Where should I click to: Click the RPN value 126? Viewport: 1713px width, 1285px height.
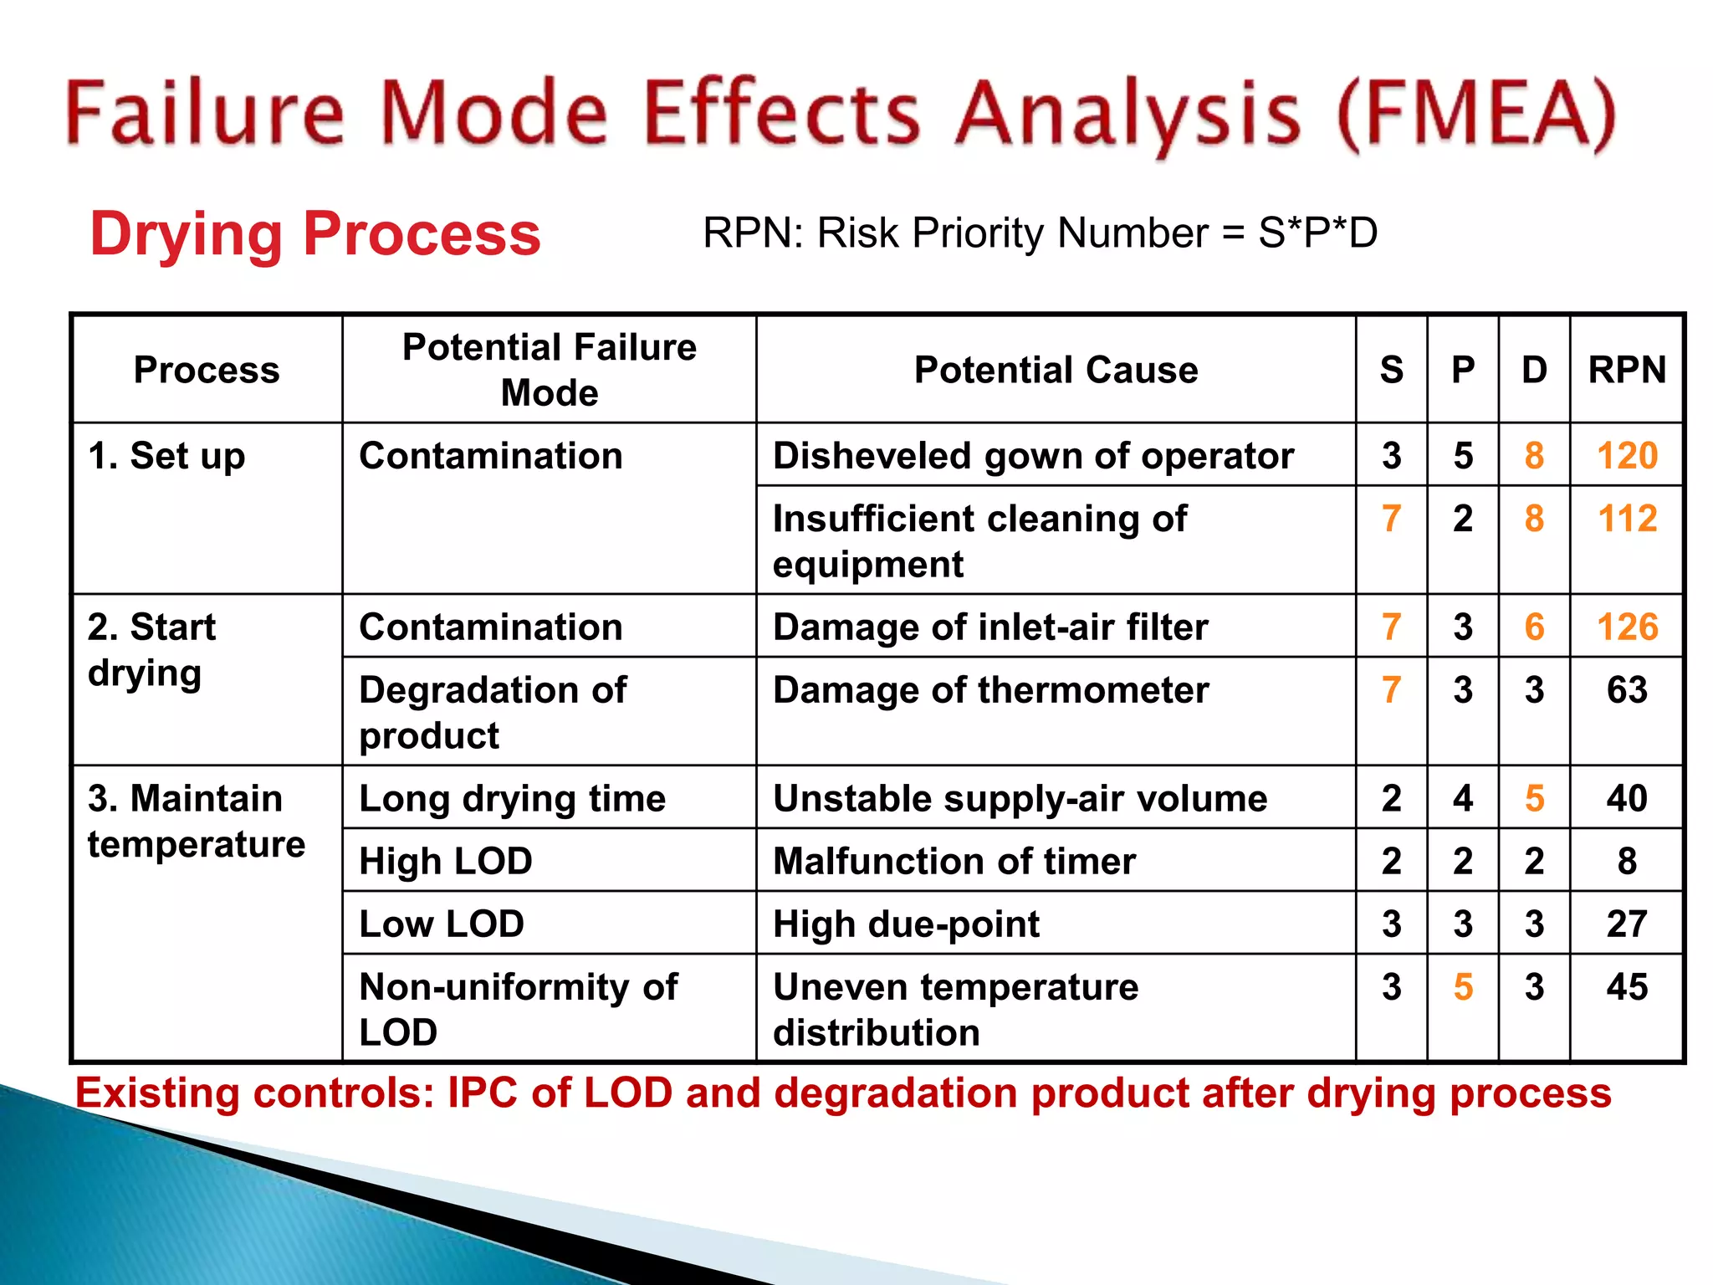[1627, 627]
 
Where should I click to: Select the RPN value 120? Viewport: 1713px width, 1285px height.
[1627, 456]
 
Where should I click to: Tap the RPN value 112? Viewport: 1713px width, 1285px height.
[1627, 519]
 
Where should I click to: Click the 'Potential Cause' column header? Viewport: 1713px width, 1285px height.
[1056, 370]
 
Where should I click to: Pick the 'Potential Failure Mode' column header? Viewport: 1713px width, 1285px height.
[550, 370]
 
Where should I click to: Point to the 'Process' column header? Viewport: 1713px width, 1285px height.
[207, 370]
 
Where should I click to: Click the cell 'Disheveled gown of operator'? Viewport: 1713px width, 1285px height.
[1033, 457]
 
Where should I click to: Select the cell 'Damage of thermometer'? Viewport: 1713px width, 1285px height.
[990, 690]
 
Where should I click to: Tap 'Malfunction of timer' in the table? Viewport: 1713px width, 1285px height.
[954, 862]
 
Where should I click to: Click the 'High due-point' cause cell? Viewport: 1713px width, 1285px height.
[906, 924]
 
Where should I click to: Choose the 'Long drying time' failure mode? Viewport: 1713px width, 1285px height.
[512, 799]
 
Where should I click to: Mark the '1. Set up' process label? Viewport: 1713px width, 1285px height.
[166, 457]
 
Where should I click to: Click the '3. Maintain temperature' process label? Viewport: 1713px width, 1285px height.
[197, 822]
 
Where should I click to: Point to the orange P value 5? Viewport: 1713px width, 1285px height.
[1463, 987]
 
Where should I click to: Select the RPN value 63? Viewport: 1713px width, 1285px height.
[1627, 690]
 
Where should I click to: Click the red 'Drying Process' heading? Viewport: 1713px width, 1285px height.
[315, 233]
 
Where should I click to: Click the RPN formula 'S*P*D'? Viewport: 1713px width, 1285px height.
[1317, 233]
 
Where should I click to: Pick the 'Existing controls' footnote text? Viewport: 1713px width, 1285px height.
[842, 1093]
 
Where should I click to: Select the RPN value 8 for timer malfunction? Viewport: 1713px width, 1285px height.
[1627, 862]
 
